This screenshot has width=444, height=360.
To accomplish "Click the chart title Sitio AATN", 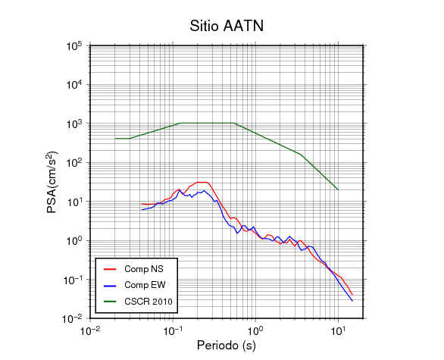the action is pyautogui.click(x=227, y=26).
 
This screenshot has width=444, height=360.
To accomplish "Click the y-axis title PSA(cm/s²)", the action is pyautogui.click(x=52, y=182).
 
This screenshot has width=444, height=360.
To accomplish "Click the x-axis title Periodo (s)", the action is pyautogui.click(x=227, y=346).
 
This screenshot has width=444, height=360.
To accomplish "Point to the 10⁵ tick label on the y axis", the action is pyautogui.click(x=74, y=45).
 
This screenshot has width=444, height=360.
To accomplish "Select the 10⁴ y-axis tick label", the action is pyautogui.click(x=74, y=84).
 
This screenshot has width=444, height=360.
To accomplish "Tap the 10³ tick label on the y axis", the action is pyautogui.click(x=74, y=124).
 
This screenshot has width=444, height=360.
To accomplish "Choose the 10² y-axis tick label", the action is pyautogui.click(x=74, y=163).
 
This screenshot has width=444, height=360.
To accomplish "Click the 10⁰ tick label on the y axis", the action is pyautogui.click(x=74, y=240).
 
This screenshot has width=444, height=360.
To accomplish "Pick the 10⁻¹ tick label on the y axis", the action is pyautogui.click(x=73, y=280).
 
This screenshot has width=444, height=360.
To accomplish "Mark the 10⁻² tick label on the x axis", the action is pyautogui.click(x=90, y=330).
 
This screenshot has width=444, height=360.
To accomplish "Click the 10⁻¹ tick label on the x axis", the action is pyautogui.click(x=173, y=330).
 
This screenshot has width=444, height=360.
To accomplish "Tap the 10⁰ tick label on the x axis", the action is pyautogui.click(x=255, y=330).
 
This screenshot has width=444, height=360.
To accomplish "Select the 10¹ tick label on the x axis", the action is pyautogui.click(x=339, y=330).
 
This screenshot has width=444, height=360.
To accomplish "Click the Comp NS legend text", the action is pyautogui.click(x=144, y=269).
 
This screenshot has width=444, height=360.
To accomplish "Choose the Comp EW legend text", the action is pyautogui.click(x=145, y=285).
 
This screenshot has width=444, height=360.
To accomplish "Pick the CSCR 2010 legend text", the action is pyautogui.click(x=149, y=302).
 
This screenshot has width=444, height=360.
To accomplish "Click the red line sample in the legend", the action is pyautogui.click(x=110, y=269).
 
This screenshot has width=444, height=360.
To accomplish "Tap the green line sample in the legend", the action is pyautogui.click(x=110, y=302).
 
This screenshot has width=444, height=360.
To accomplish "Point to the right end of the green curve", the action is pyautogui.click(x=338, y=189).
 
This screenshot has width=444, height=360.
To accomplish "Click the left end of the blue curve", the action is pyautogui.click(x=142, y=210).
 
